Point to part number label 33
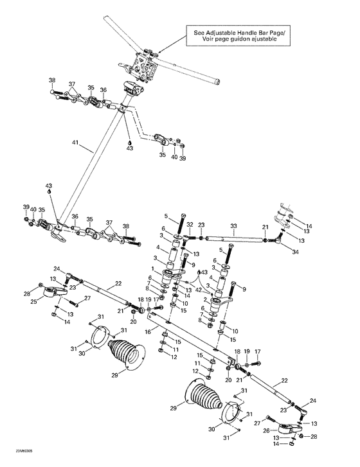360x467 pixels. [x=233, y=225]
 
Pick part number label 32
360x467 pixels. [x=190, y=225]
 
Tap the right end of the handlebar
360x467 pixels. [x=219, y=81]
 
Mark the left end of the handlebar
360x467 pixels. [x=113, y=21]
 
